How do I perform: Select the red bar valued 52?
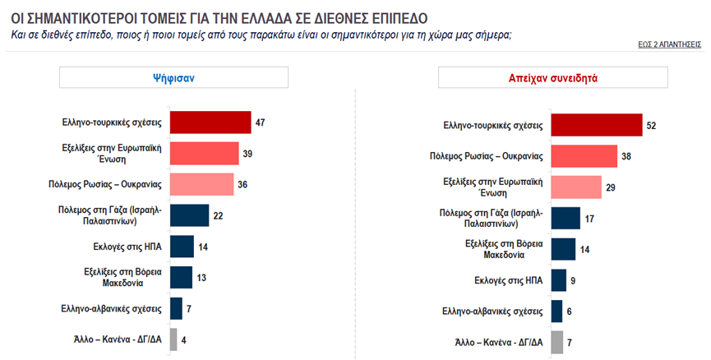[x=596, y=126]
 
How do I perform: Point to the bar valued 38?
[x=584, y=156]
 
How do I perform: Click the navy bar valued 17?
[x=566, y=218]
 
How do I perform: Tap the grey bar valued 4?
[x=173, y=339]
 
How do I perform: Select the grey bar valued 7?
[x=556, y=342]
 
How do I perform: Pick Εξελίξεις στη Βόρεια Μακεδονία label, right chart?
[x=501, y=249]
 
